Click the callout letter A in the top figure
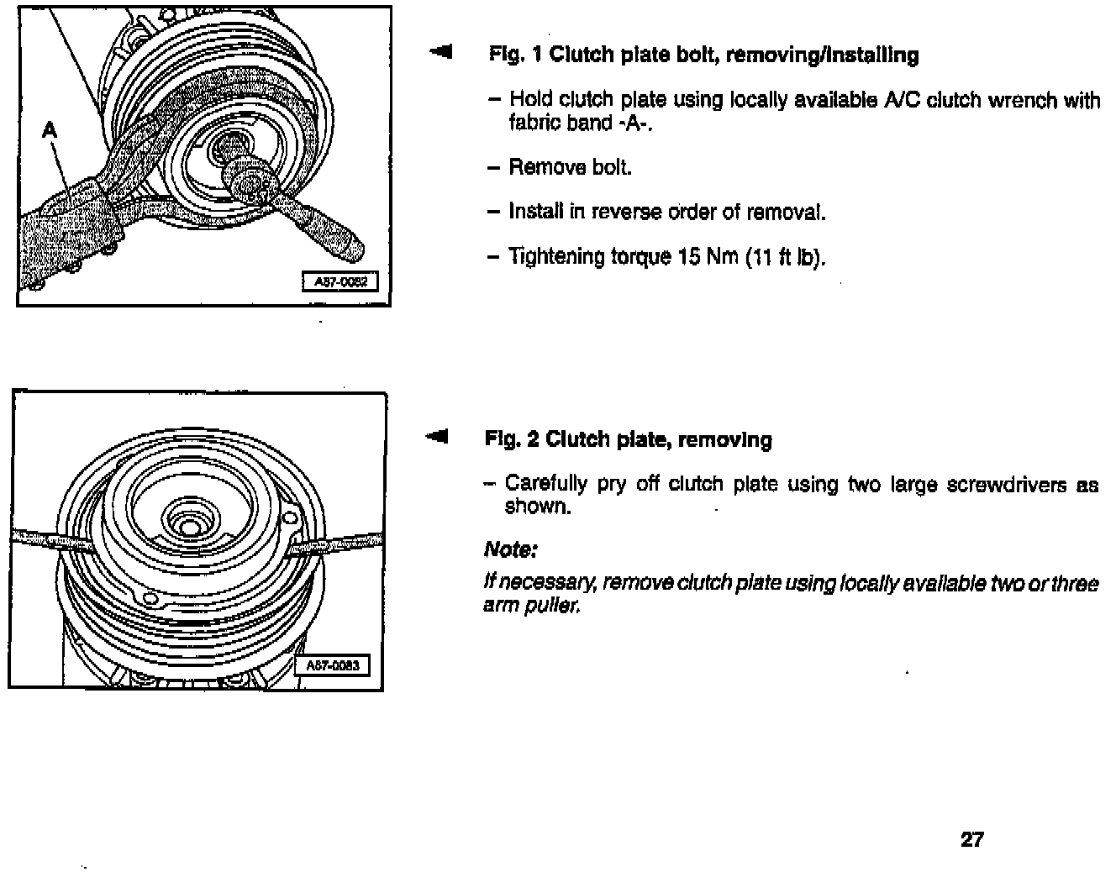pyautogui.click(x=50, y=130)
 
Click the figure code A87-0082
pyautogui.click(x=340, y=282)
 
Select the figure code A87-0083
pyautogui.click(x=332, y=665)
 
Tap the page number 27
pyautogui.click(x=971, y=839)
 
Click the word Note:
pyautogui.click(x=510, y=550)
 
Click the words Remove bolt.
pyautogui.click(x=571, y=167)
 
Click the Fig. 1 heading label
pyautogui.click(x=514, y=55)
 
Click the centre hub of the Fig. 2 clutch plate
pyautogui.click(x=184, y=524)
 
